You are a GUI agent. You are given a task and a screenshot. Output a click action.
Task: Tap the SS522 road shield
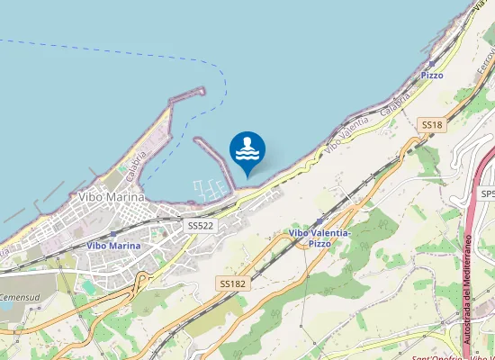(200, 225)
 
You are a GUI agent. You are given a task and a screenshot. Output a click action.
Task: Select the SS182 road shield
(232, 283)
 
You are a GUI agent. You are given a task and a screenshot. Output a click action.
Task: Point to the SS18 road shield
(432, 125)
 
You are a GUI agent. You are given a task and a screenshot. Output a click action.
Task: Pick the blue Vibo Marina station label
(113, 245)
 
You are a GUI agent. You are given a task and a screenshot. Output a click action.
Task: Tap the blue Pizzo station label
(432, 76)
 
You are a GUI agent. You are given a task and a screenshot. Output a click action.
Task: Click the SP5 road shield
(487, 194)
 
